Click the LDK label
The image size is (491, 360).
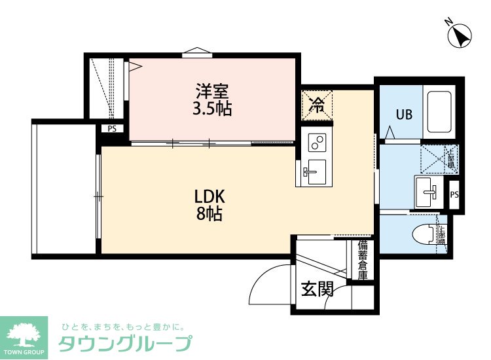[209, 196]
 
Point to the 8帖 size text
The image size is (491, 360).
[209, 213]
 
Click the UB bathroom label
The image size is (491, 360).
[403, 115]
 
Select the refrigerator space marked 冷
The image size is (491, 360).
[318, 105]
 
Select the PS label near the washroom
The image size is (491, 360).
[454, 194]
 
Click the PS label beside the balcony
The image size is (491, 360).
[112, 129]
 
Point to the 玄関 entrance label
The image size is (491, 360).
[317, 289]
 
